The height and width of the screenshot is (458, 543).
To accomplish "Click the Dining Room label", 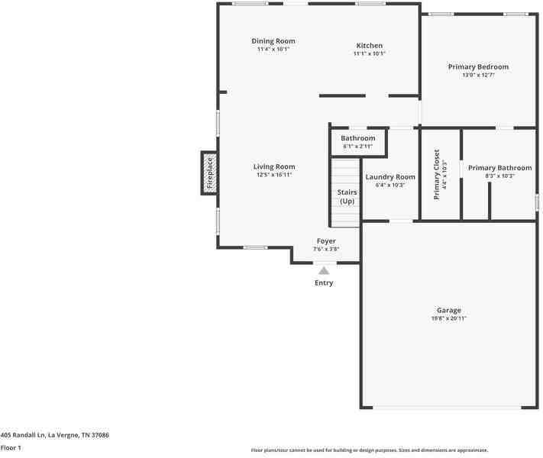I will (273, 41).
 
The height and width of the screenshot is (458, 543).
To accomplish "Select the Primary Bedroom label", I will (478, 67).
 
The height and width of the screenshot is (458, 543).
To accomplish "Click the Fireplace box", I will (209, 173).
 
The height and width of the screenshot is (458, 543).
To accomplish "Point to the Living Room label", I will (274, 166).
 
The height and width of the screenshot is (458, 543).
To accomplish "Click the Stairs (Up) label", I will (347, 197).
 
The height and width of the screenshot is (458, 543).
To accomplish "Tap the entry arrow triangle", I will (324, 270).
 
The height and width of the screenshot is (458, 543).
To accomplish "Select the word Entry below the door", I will (324, 283).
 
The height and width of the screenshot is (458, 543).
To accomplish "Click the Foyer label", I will (326, 241).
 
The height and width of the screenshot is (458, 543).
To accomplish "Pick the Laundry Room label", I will (390, 177).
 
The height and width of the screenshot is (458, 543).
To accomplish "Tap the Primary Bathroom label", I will (499, 168).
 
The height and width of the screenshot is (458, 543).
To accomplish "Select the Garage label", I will (448, 311).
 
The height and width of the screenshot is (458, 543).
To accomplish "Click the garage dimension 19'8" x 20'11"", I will (448, 318).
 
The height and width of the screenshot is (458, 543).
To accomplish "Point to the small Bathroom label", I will (357, 138).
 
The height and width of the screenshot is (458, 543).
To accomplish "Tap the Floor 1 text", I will (11, 448).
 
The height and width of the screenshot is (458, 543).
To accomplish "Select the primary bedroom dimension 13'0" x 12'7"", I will (478, 75).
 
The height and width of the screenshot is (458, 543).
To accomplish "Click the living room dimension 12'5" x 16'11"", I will (274, 175).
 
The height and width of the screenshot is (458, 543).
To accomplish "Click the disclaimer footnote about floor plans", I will (370, 450).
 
